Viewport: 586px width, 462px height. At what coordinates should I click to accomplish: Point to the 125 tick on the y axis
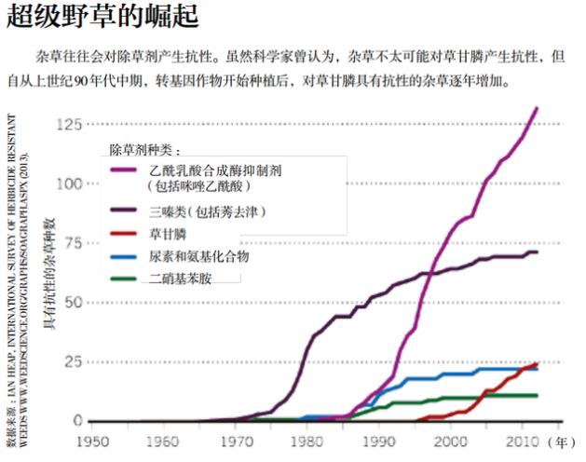point(70,124)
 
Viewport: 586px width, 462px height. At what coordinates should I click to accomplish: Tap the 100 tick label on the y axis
point(70,183)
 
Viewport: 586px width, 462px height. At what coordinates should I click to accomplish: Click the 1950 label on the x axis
point(92,440)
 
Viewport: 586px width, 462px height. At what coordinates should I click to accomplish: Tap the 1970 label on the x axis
point(237,440)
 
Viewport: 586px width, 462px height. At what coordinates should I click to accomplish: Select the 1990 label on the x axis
point(380,440)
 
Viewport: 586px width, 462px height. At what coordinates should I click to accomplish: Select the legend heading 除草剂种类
point(145,150)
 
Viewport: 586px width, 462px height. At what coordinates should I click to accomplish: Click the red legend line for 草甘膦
point(125,234)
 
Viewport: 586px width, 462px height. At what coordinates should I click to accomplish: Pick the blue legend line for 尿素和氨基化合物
point(125,256)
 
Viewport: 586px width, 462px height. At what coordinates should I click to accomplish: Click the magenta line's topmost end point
point(538,109)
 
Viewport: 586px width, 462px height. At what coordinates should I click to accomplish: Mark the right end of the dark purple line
point(537,252)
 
